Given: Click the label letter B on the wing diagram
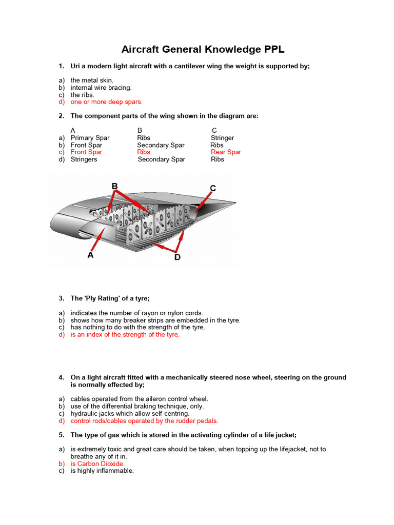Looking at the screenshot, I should point(115,186).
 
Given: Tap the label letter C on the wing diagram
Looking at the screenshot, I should point(212,188).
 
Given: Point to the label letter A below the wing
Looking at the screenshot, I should point(90,255).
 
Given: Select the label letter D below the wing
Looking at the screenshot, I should point(178,257).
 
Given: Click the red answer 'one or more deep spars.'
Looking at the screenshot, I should point(106,102).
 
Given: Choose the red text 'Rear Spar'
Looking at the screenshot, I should point(226,152).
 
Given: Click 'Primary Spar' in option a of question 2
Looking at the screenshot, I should point(90,137).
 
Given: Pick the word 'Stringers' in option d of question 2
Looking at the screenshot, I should point(84,159).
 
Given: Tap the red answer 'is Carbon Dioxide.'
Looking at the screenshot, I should point(97,463).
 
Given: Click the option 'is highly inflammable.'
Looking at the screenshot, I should point(102,471).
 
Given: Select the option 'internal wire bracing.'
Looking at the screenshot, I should point(101,87).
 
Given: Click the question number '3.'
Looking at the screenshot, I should point(61,298).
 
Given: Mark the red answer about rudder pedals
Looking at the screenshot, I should point(144,420).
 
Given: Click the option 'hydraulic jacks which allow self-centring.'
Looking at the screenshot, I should point(130,413).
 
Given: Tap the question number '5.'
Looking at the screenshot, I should point(61,435).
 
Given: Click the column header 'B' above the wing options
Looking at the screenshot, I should point(140,130).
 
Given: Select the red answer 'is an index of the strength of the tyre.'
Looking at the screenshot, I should point(125,334).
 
